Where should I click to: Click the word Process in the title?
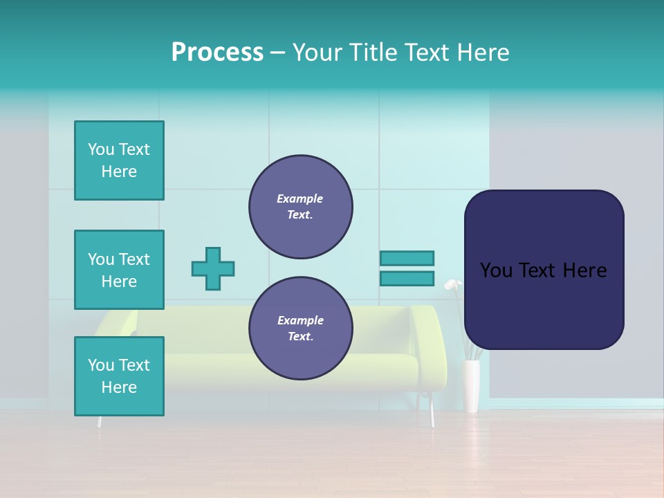[x=217, y=53]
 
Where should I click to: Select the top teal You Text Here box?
[x=119, y=160]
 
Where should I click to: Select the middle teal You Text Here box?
[x=119, y=270]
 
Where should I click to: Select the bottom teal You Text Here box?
[x=119, y=376]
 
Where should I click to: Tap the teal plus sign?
[x=213, y=268]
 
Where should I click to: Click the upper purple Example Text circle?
[x=300, y=207]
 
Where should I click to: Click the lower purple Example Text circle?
[x=300, y=329]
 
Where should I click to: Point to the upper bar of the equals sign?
[x=407, y=258]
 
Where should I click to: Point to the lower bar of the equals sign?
[x=407, y=279]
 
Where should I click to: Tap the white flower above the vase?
[x=452, y=284]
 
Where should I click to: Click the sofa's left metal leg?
[x=100, y=421]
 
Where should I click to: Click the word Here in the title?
[x=483, y=53]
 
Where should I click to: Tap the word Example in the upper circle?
[x=300, y=199]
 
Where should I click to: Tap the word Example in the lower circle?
[x=300, y=320]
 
